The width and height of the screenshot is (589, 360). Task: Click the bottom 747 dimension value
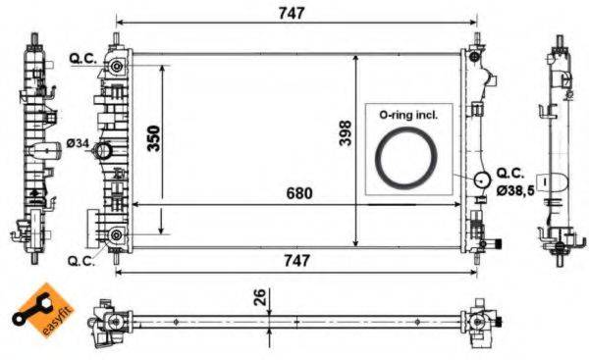pos(295,260)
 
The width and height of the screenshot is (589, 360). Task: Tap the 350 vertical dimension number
pos(154,137)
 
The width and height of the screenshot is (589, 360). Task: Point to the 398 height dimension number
pos(345,137)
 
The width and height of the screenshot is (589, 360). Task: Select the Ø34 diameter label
pos(79,144)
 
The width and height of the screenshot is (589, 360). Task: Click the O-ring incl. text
pos(407,115)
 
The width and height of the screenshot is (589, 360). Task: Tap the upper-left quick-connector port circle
pos(117,67)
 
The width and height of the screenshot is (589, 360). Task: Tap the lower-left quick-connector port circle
pos(117,234)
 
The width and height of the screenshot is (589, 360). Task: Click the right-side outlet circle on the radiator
pos(481,180)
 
